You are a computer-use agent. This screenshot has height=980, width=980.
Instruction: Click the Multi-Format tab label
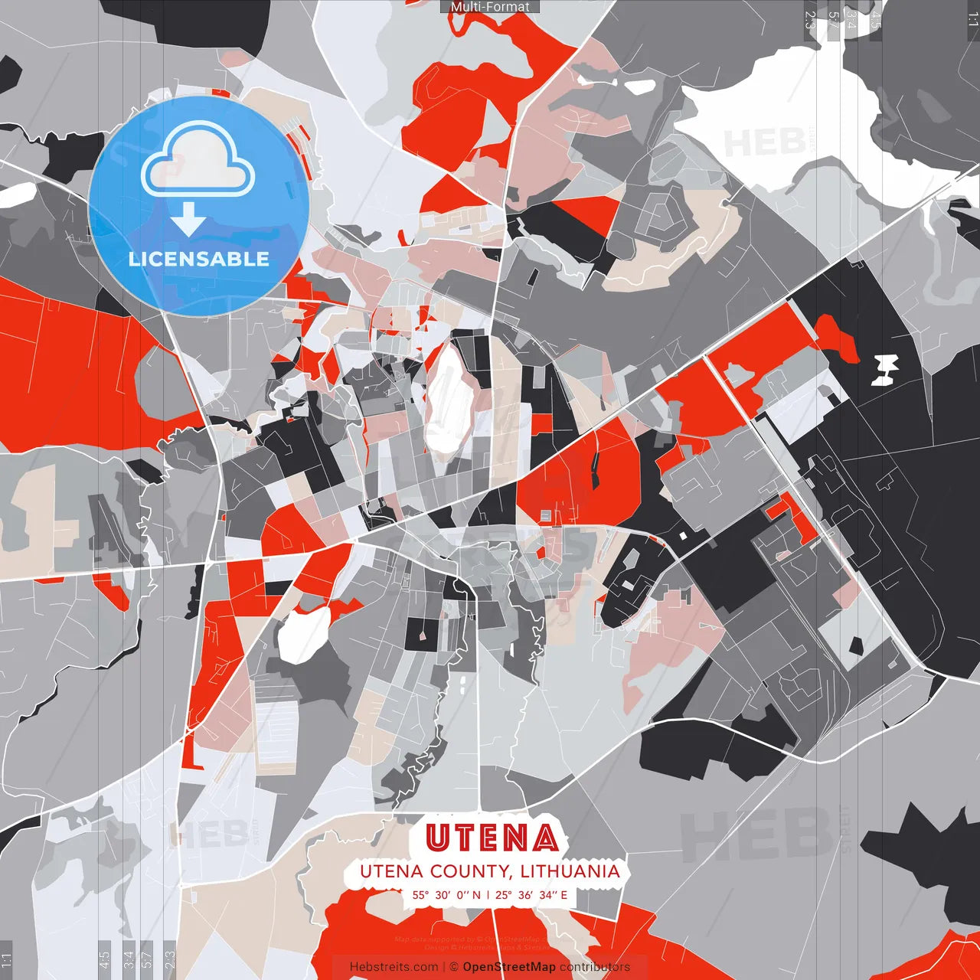(x=490, y=7)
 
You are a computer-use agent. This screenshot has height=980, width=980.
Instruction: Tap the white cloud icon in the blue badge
(x=198, y=160)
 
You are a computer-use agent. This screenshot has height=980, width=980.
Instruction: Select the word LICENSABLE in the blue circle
(x=199, y=259)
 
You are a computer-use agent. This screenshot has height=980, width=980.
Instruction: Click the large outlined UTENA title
(x=492, y=838)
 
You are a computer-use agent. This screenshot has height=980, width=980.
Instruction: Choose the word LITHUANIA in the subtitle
(x=570, y=871)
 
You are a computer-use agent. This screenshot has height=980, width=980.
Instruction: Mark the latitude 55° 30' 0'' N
(x=446, y=895)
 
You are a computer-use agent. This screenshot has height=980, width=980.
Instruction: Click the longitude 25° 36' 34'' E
(x=531, y=895)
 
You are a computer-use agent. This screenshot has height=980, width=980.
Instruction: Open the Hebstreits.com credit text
(x=394, y=967)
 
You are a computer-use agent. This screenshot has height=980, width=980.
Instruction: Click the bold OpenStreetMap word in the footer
(x=509, y=967)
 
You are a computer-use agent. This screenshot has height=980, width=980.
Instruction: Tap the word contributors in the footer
(x=595, y=967)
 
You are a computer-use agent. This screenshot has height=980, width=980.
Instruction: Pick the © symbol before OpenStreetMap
(x=454, y=967)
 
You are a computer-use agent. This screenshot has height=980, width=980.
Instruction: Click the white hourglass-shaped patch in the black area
(x=887, y=369)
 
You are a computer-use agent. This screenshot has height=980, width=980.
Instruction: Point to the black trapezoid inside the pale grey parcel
(x=856, y=645)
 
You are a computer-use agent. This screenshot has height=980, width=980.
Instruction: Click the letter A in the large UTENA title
(x=544, y=838)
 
